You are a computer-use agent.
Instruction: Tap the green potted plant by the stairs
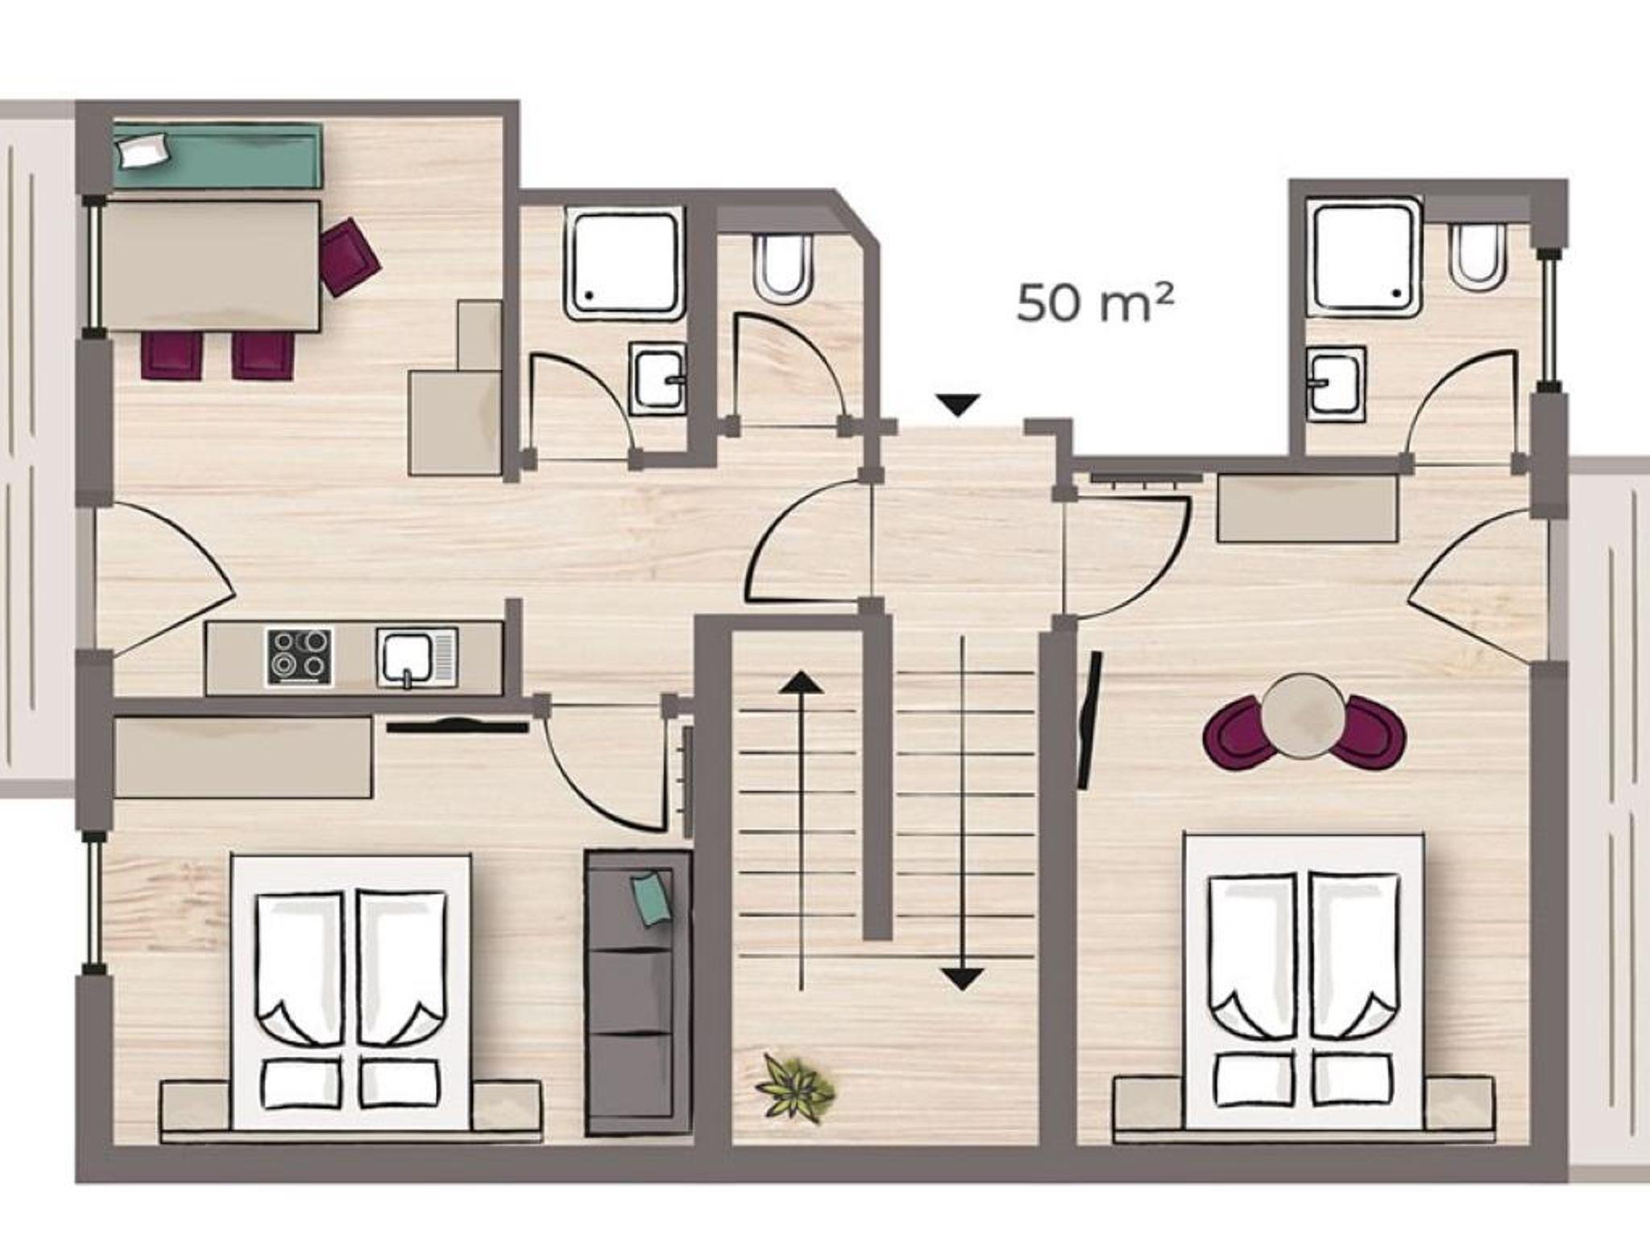(795, 1084)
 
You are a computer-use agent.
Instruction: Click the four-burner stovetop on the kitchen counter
(300, 657)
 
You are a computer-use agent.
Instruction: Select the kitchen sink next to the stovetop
(417, 657)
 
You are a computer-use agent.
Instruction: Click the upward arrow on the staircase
(800, 830)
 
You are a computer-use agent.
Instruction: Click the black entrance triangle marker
(958, 404)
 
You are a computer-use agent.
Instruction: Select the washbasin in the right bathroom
(1337, 383)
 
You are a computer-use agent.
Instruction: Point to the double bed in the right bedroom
(1303, 982)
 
